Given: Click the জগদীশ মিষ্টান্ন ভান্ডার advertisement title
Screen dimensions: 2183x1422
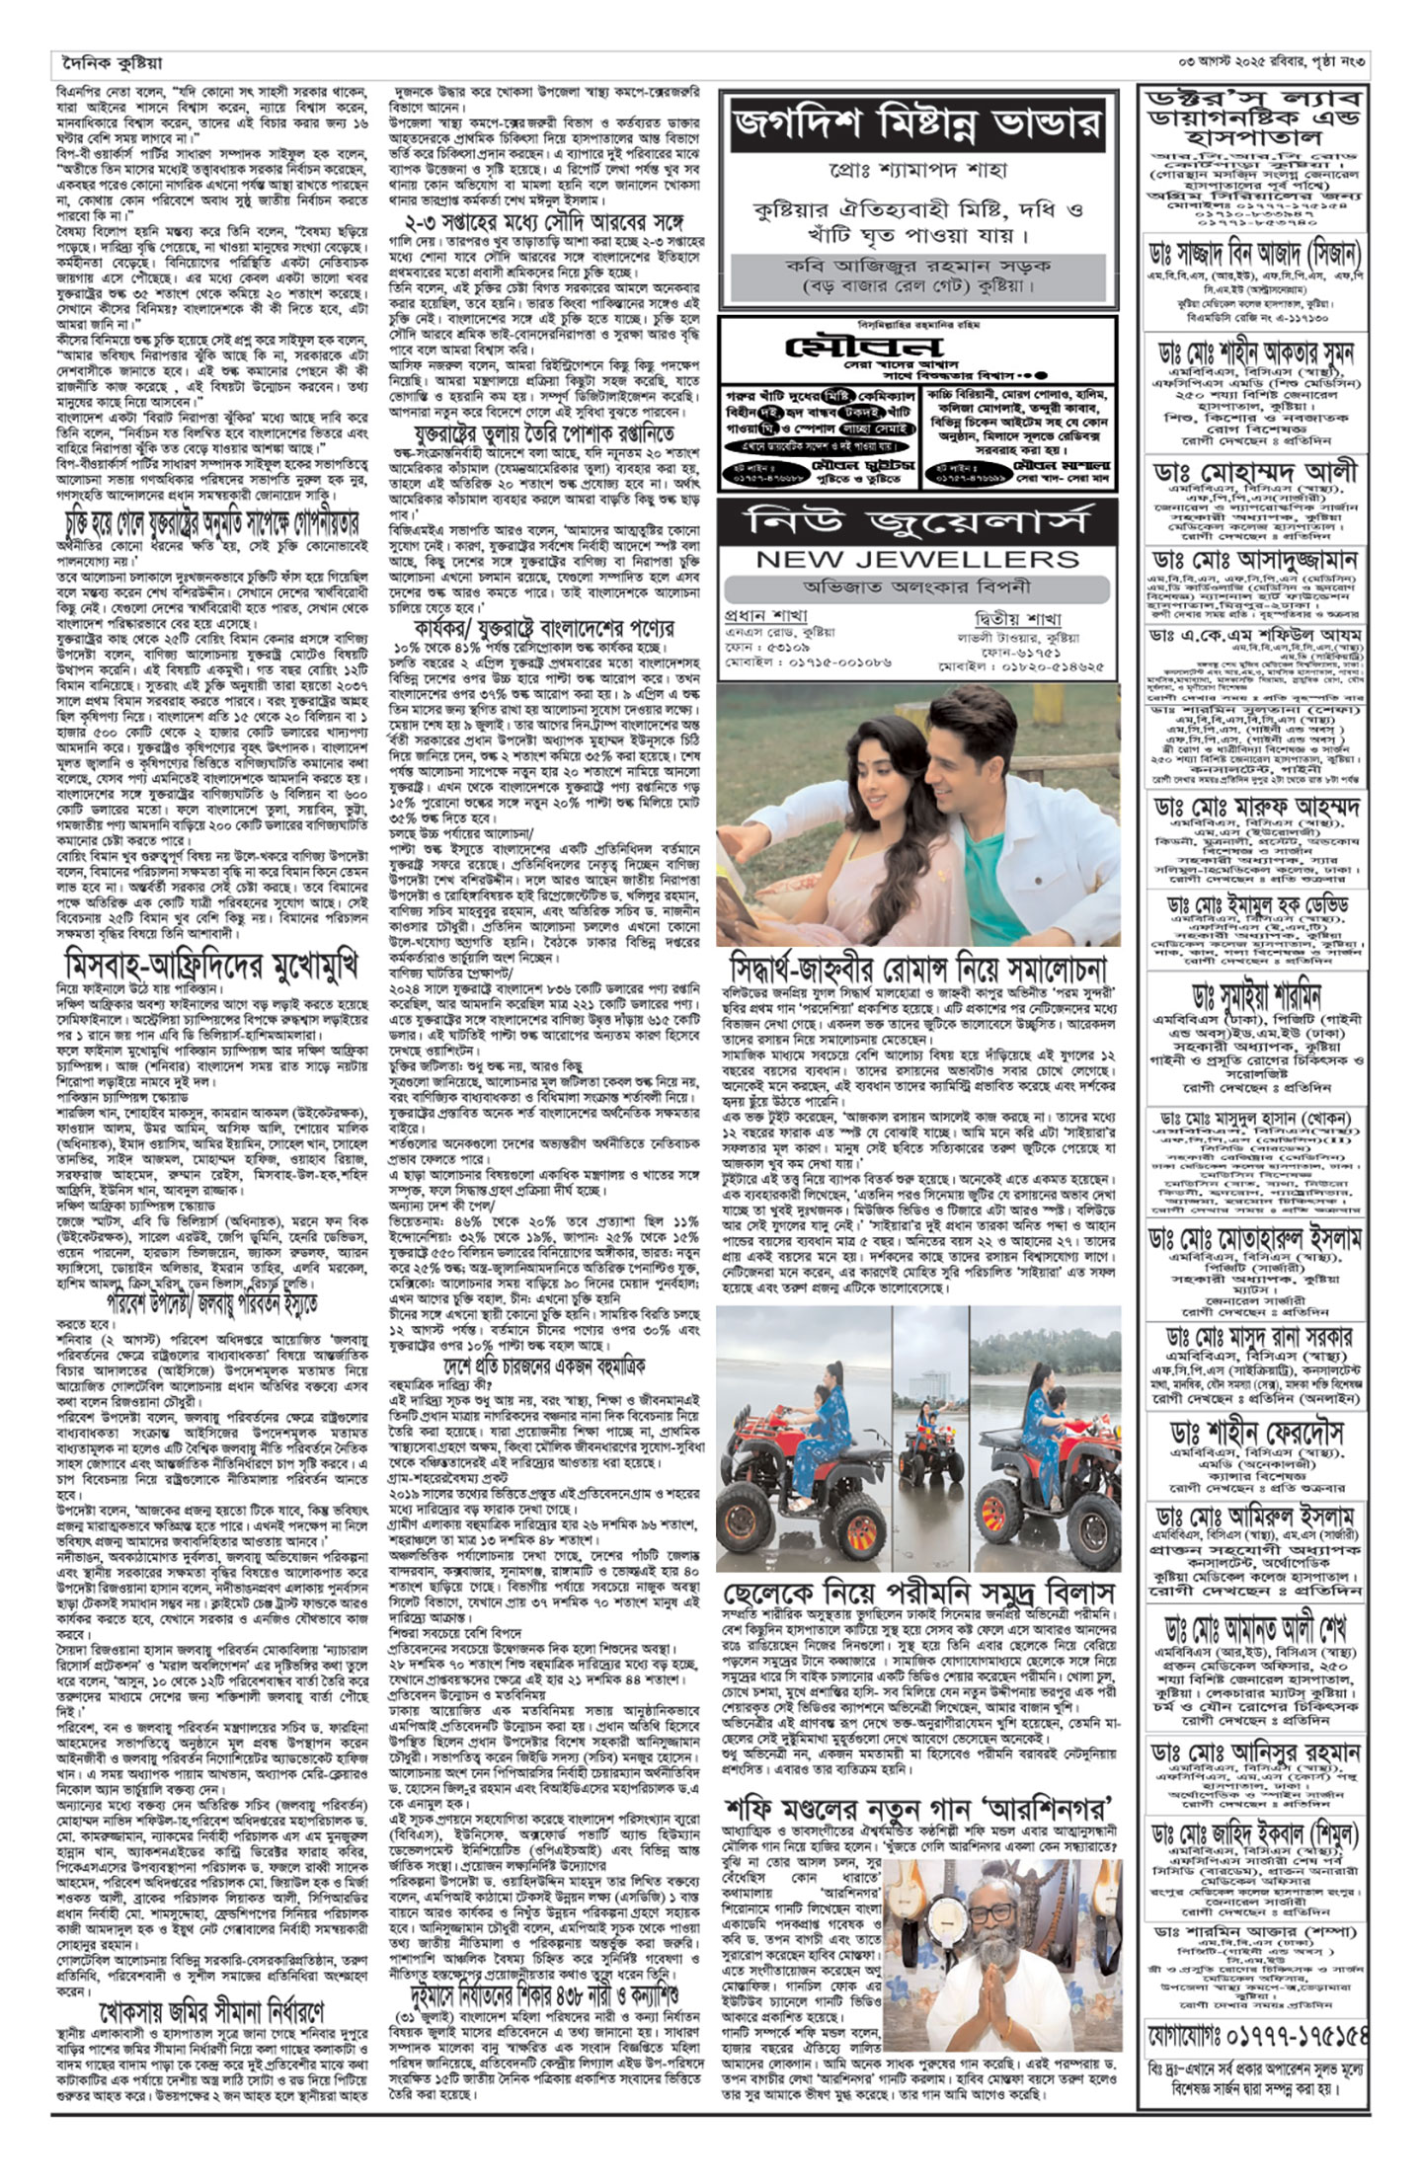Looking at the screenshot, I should tap(918, 126).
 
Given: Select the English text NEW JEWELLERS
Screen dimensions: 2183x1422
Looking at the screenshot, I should tap(917, 560).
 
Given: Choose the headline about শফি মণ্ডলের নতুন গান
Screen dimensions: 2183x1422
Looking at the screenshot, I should tap(918, 1814).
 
